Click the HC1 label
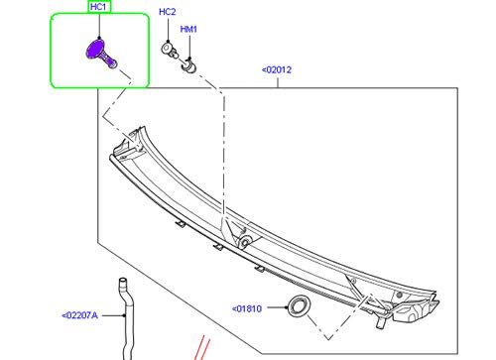point(99,7)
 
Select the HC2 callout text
point(168,12)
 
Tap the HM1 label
point(188,29)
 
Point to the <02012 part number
point(277,69)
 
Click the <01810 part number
point(249,307)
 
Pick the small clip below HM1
point(187,65)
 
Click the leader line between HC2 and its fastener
point(168,30)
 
